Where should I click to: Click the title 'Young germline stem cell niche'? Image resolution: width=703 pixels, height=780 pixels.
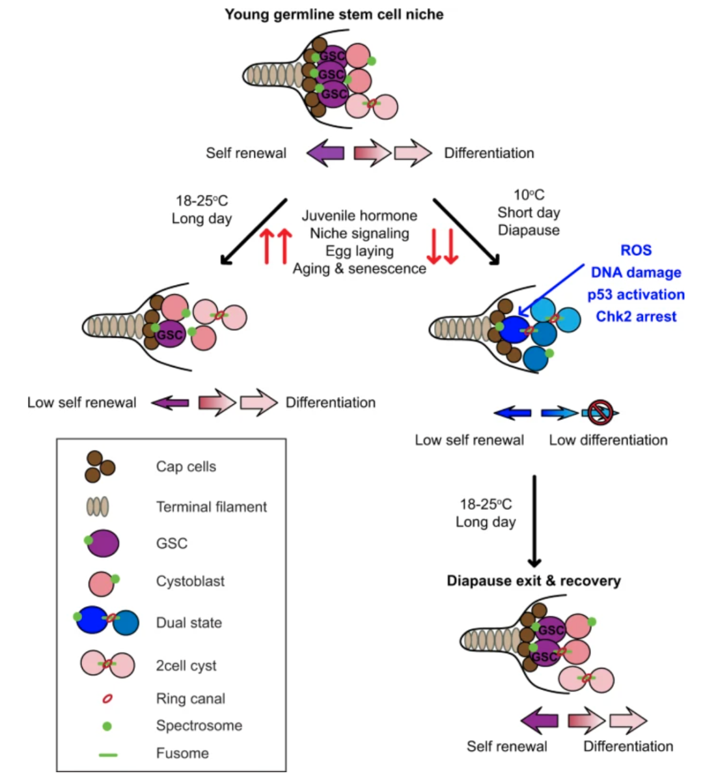pyautogui.click(x=334, y=14)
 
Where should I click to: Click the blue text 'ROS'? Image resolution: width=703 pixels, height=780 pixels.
pyautogui.click(x=635, y=251)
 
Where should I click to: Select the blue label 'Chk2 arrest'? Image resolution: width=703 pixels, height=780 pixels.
pyautogui.click(x=636, y=317)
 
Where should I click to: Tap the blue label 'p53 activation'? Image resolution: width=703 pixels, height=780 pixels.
pyautogui.click(x=636, y=295)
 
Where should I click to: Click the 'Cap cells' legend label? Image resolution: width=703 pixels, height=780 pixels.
pyautogui.click(x=186, y=467)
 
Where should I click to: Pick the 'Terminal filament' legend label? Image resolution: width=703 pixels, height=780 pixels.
pyautogui.click(x=211, y=507)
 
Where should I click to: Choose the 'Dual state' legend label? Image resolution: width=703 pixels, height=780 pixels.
pyautogui.click(x=189, y=623)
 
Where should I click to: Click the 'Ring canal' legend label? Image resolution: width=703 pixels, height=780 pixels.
pyautogui.click(x=190, y=699)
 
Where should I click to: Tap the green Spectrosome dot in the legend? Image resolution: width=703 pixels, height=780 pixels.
pyautogui.click(x=107, y=726)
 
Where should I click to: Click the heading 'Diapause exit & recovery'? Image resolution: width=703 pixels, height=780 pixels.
pyautogui.click(x=533, y=581)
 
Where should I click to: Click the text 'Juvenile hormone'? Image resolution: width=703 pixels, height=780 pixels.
pyautogui.click(x=359, y=216)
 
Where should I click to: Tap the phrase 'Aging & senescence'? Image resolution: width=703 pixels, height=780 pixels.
pyautogui.click(x=359, y=269)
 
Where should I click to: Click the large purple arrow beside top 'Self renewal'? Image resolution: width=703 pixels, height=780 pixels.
pyautogui.click(x=325, y=154)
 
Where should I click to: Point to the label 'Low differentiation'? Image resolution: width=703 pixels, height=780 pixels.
pyautogui.click(x=608, y=440)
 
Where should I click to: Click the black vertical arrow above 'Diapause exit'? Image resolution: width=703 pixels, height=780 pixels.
pyautogui.click(x=534, y=521)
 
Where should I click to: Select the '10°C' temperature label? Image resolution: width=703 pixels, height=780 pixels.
pyautogui.click(x=529, y=195)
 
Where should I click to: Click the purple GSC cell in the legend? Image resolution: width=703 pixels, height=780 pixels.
pyautogui.click(x=104, y=543)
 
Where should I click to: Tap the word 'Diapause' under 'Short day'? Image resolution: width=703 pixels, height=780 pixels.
pyautogui.click(x=529, y=230)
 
